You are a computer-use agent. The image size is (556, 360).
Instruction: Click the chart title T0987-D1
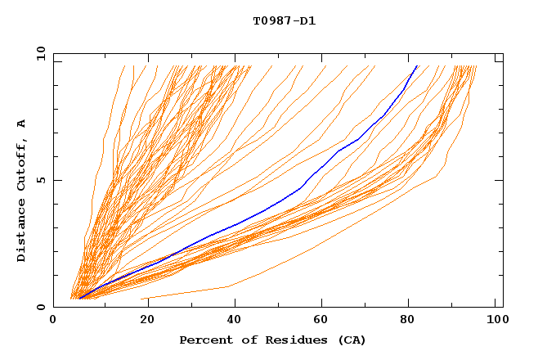284,20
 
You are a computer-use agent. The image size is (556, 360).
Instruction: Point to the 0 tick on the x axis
54,321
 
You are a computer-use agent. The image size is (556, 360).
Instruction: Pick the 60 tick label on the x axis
323,321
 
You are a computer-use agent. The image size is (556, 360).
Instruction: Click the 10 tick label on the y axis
40,53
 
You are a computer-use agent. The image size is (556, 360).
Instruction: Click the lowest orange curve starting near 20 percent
188,292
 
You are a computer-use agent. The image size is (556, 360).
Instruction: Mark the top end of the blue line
417,65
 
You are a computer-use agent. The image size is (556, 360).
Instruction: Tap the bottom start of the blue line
78,299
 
